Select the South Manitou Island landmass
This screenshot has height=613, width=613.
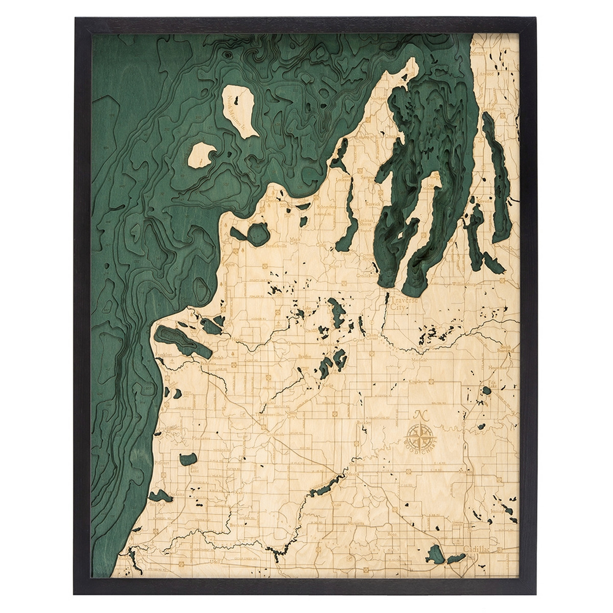(204, 154)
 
